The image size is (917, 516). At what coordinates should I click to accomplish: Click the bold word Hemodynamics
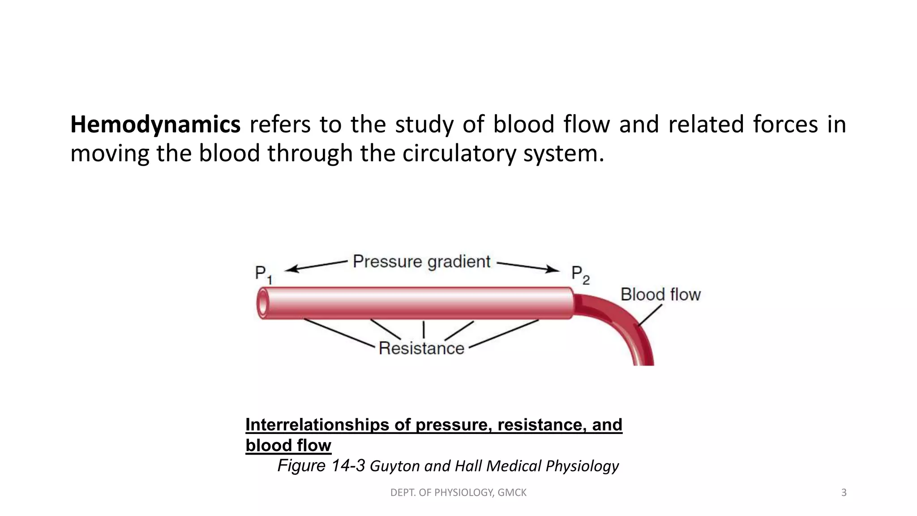click(x=155, y=125)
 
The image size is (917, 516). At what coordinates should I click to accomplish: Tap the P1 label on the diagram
click(x=263, y=274)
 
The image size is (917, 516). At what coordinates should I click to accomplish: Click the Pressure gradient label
click(x=421, y=262)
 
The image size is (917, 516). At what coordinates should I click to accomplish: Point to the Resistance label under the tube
click(x=421, y=348)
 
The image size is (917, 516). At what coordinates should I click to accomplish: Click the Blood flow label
click(x=660, y=295)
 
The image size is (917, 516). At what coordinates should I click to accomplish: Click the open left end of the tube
click(x=262, y=304)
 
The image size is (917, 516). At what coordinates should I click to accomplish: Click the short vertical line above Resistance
click(x=424, y=330)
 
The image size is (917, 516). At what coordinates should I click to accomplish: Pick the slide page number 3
click(x=844, y=493)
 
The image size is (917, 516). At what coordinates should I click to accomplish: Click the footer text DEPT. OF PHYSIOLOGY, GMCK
click(x=458, y=493)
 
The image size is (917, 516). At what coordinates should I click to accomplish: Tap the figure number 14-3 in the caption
click(x=347, y=466)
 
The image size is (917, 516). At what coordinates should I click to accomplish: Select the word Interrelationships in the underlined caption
click(x=317, y=425)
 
